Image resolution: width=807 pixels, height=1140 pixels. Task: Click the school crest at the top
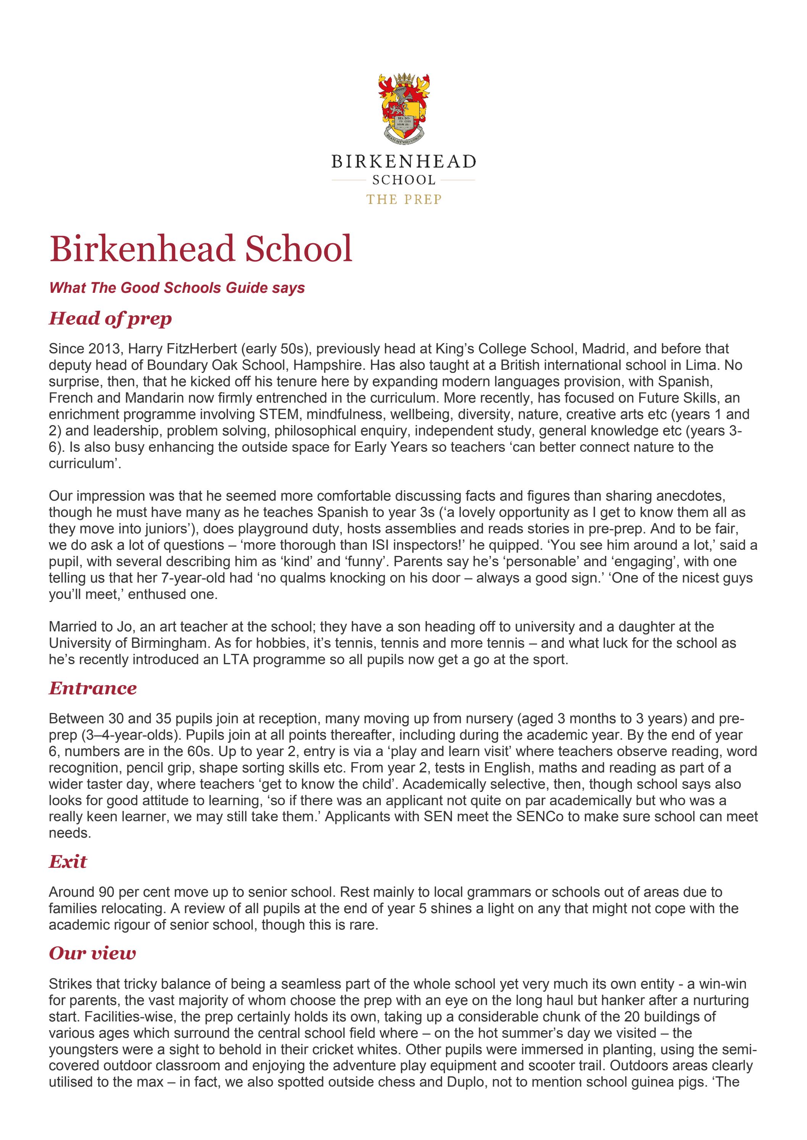tap(404, 108)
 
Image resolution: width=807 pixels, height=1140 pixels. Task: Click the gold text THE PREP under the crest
tap(404, 200)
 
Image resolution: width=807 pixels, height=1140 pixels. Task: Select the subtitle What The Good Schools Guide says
tap(177, 288)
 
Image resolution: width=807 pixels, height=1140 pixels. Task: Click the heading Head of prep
tap(110, 319)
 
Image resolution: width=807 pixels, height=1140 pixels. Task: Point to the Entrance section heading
tap(93, 689)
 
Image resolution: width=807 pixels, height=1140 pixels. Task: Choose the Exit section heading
tap(68, 862)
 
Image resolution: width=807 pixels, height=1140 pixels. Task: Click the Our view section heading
tap(92, 953)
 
